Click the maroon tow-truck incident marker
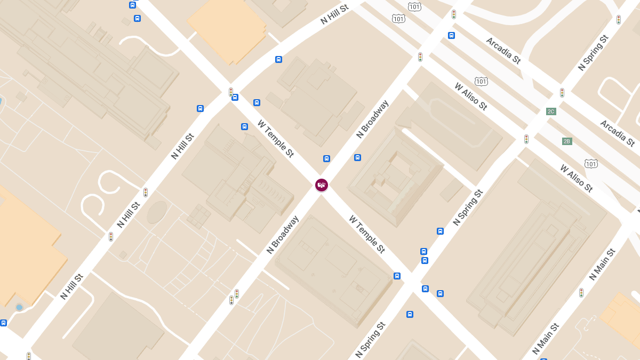(x=321, y=185)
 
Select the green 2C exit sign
(x=551, y=111)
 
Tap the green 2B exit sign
(x=567, y=141)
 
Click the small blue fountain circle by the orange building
(x=19, y=307)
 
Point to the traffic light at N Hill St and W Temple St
(x=231, y=92)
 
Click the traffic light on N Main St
(x=581, y=292)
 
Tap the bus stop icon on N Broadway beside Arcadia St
(x=451, y=36)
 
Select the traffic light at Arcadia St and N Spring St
(x=562, y=92)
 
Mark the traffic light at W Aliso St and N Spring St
(x=526, y=139)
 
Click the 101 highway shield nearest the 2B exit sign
(x=590, y=163)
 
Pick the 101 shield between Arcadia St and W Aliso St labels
(x=481, y=82)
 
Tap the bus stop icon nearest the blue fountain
(x=3, y=323)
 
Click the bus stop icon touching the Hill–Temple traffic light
(x=235, y=97)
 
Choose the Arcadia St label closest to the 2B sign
(x=617, y=133)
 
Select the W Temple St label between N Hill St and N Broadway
(x=276, y=139)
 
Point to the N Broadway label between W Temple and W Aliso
(x=372, y=119)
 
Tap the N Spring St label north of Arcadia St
(x=593, y=53)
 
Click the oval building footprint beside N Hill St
(x=157, y=212)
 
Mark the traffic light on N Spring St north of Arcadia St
(x=619, y=20)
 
